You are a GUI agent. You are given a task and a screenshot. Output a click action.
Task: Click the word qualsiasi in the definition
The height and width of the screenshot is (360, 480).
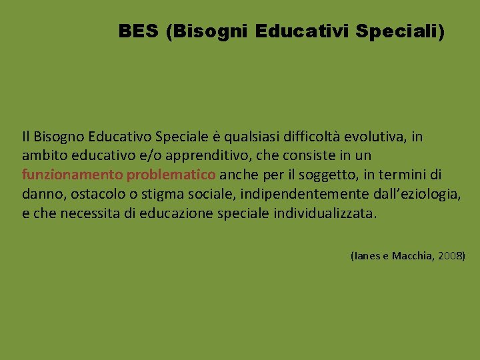[x=249, y=137]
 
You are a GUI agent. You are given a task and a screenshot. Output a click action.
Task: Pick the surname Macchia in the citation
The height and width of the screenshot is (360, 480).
[x=414, y=256]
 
